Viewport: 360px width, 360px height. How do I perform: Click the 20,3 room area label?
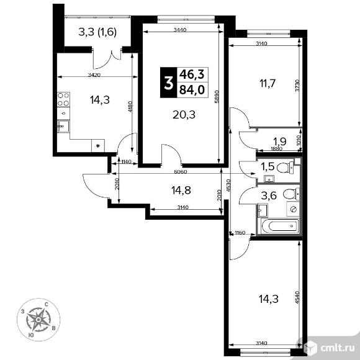[x=182, y=114]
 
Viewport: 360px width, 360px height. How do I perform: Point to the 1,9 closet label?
[x=281, y=140]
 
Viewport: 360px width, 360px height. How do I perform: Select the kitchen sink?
[x=63, y=126]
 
